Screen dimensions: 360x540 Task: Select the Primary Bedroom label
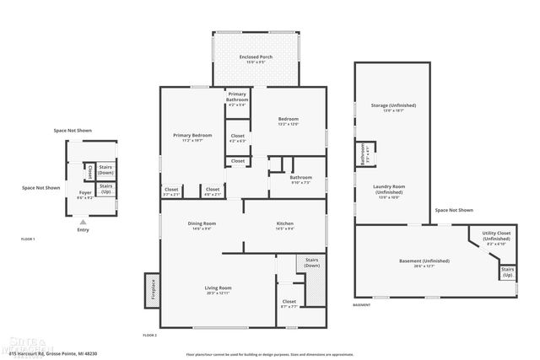[x=192, y=137]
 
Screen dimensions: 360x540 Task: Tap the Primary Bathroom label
[x=236, y=99]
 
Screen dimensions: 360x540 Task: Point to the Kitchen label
[x=284, y=225]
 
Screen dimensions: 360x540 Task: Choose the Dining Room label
[x=202, y=225]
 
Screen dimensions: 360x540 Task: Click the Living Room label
[x=217, y=289]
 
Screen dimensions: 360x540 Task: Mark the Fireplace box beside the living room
[x=154, y=288]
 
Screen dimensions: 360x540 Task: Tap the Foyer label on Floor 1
[x=85, y=194]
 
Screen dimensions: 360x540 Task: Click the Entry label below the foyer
[x=82, y=229]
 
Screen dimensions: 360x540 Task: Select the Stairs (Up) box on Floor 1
[x=106, y=188]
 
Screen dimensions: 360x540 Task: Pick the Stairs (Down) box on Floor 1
[x=106, y=169]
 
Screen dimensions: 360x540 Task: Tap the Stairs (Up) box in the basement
[x=507, y=272]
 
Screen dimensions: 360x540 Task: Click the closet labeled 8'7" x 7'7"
[x=289, y=303]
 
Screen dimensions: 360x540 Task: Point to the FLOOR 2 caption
[x=149, y=336]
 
